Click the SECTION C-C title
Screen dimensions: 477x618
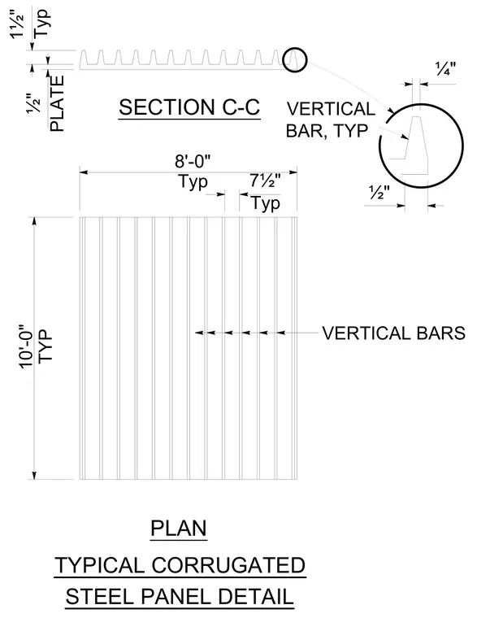189,107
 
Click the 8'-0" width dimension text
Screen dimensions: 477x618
193,161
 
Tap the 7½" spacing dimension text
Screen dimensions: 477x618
265,181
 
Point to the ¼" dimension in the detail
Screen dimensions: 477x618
445,69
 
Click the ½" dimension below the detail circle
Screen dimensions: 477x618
379,192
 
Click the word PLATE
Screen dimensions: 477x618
57,103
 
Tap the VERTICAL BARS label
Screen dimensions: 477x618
393,333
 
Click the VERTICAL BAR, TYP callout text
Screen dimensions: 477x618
331,120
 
